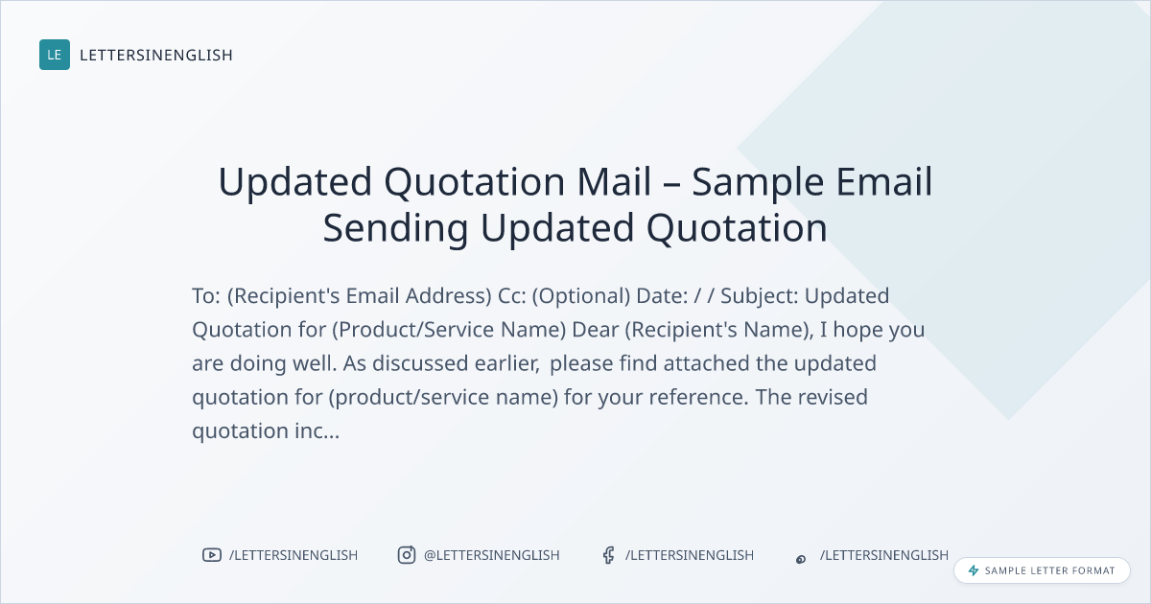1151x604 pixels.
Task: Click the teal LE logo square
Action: coord(55,55)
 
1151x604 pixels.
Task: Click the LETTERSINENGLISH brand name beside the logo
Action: coord(156,55)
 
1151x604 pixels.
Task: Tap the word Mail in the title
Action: coord(614,181)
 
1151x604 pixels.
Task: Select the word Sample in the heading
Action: coord(758,183)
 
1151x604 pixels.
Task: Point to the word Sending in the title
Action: coord(395,229)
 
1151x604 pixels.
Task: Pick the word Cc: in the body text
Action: coord(512,296)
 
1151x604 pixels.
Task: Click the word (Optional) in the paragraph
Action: coord(581,296)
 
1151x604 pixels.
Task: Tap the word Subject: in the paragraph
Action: coord(760,296)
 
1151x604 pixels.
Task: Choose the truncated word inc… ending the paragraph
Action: coord(317,430)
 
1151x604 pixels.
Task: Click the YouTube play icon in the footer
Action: coord(211,555)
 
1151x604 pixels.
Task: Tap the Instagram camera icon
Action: coord(406,555)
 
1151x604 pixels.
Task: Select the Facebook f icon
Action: coord(608,555)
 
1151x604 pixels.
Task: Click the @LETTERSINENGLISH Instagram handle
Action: coord(491,555)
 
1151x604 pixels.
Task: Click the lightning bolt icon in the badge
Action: coord(974,570)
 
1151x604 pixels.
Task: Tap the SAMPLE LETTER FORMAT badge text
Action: coord(1049,570)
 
